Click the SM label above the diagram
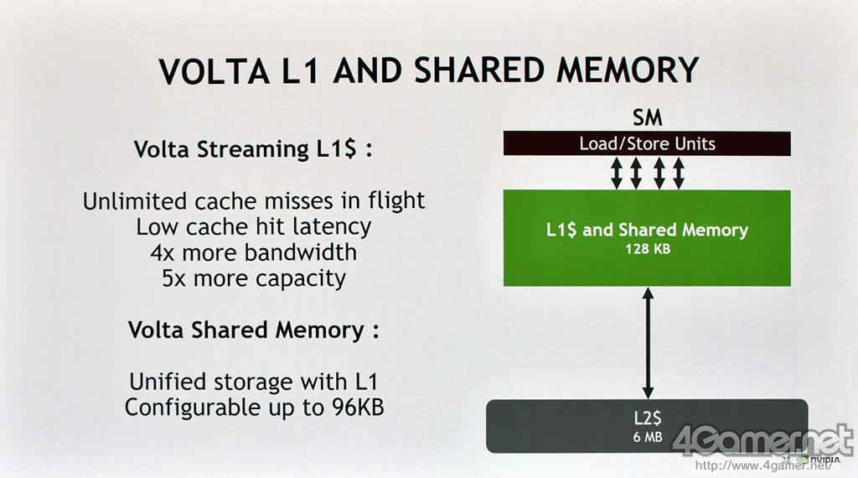pyautogui.click(x=647, y=118)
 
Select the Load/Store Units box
pyautogui.click(x=647, y=143)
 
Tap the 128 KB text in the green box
pyautogui.click(x=647, y=248)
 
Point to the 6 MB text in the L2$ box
pyautogui.click(x=647, y=436)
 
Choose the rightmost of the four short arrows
pyautogui.click(x=679, y=173)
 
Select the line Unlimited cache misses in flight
pyautogui.click(x=254, y=201)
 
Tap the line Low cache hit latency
pyautogui.click(x=254, y=226)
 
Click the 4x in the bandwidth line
pyautogui.click(x=165, y=252)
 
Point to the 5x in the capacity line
pyautogui.click(x=174, y=278)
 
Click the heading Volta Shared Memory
pyautogui.click(x=253, y=330)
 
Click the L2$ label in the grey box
pyautogui.click(x=647, y=418)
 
